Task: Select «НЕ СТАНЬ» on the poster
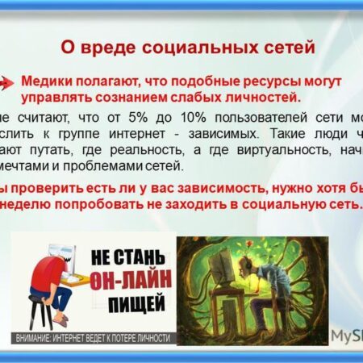click(121, 252)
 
